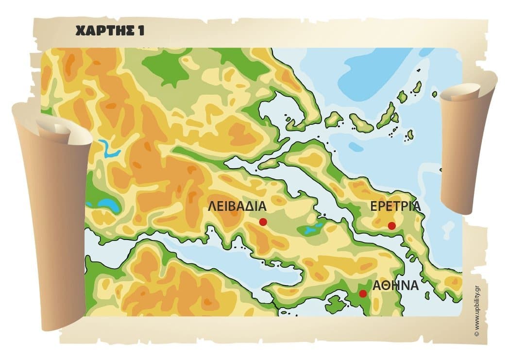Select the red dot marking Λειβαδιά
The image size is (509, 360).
coord(263,222)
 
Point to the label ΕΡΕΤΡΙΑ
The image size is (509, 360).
coord(395,206)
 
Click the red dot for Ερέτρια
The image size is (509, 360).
coord(391,225)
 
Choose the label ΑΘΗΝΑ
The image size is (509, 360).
coord(395,285)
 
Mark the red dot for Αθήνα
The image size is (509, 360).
coord(362,293)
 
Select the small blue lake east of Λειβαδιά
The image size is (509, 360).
coord(311,229)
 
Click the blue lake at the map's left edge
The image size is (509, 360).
coord(109,206)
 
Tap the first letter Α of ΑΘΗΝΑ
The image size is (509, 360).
coord(377,285)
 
